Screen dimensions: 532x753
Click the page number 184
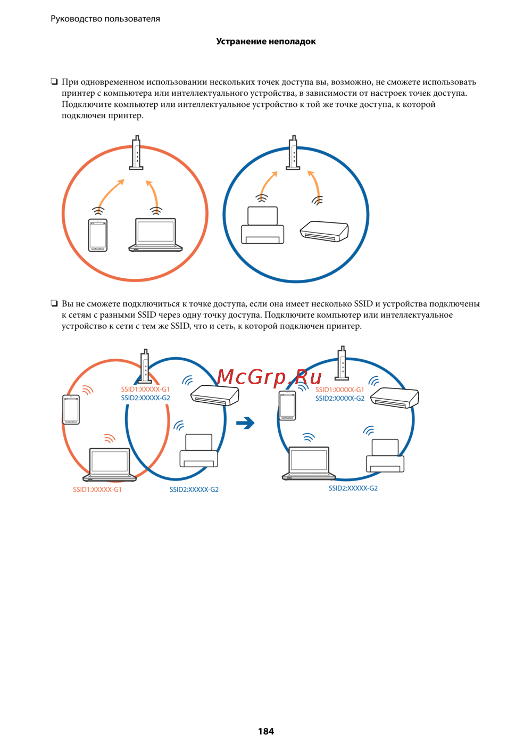pyautogui.click(x=266, y=731)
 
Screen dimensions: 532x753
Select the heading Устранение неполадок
pyautogui.click(x=266, y=42)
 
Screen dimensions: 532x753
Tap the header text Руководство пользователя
pyautogui.click(x=105, y=19)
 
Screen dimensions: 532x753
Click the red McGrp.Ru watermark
pyautogui.click(x=269, y=377)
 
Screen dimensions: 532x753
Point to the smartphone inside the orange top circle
pyautogui.click(x=98, y=235)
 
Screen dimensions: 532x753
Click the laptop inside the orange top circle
pyautogui.click(x=155, y=235)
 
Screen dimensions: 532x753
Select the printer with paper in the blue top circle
pyautogui.click(x=262, y=225)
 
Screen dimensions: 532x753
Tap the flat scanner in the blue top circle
pyautogui.click(x=324, y=231)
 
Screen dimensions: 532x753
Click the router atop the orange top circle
pyautogui.click(x=136, y=153)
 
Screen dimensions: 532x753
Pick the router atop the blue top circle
pyautogui.click(x=293, y=153)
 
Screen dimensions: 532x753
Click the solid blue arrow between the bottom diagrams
pyautogui.click(x=245, y=423)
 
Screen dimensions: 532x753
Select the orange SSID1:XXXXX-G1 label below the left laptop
pyautogui.click(x=97, y=490)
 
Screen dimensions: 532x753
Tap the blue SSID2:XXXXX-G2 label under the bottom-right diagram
pyautogui.click(x=353, y=488)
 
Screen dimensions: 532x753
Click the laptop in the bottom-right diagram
pyautogui.click(x=309, y=463)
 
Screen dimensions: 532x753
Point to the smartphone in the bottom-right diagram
pyautogui.click(x=287, y=406)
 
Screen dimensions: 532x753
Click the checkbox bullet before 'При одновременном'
pyautogui.click(x=54, y=81)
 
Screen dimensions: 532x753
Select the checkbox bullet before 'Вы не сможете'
pyautogui.click(x=54, y=303)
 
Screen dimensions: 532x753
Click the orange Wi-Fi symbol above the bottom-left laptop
pyautogui.click(x=110, y=438)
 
